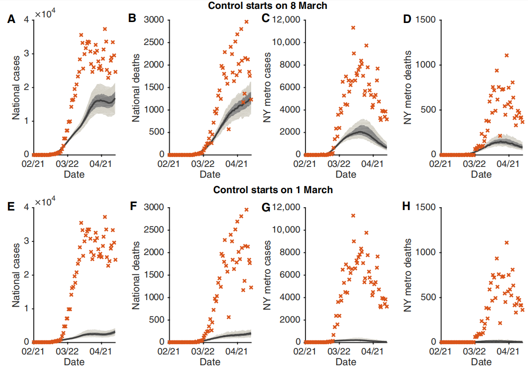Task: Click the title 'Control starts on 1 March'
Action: click(x=273, y=190)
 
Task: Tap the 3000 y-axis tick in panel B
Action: click(x=155, y=20)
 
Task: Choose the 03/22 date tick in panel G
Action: click(x=339, y=350)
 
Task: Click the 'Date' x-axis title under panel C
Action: click(x=346, y=174)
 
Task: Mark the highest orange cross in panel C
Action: click(x=353, y=28)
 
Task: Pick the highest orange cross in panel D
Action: click(x=506, y=55)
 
